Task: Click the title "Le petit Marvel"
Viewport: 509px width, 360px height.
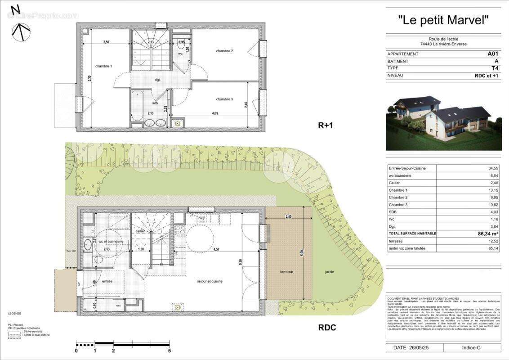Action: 443,20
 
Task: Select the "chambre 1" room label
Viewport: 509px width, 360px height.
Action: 103,66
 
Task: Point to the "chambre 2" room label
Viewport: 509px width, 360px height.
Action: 224,51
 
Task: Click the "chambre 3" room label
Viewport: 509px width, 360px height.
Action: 224,99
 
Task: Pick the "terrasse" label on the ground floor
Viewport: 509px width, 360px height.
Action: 286,272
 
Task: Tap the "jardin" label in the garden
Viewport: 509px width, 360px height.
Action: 330,272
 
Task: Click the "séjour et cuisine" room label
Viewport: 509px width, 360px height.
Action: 210,281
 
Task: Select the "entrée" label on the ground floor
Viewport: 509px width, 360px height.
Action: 107,281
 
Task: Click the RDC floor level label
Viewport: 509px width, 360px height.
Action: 327,328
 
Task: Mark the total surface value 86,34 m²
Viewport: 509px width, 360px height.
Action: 487,234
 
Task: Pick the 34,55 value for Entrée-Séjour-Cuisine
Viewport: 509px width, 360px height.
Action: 493,168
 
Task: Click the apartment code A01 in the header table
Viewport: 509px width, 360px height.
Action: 493,54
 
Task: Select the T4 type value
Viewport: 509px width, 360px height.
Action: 495,68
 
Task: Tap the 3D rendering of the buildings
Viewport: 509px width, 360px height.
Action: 443,122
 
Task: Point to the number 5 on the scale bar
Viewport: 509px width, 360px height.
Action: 169,351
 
